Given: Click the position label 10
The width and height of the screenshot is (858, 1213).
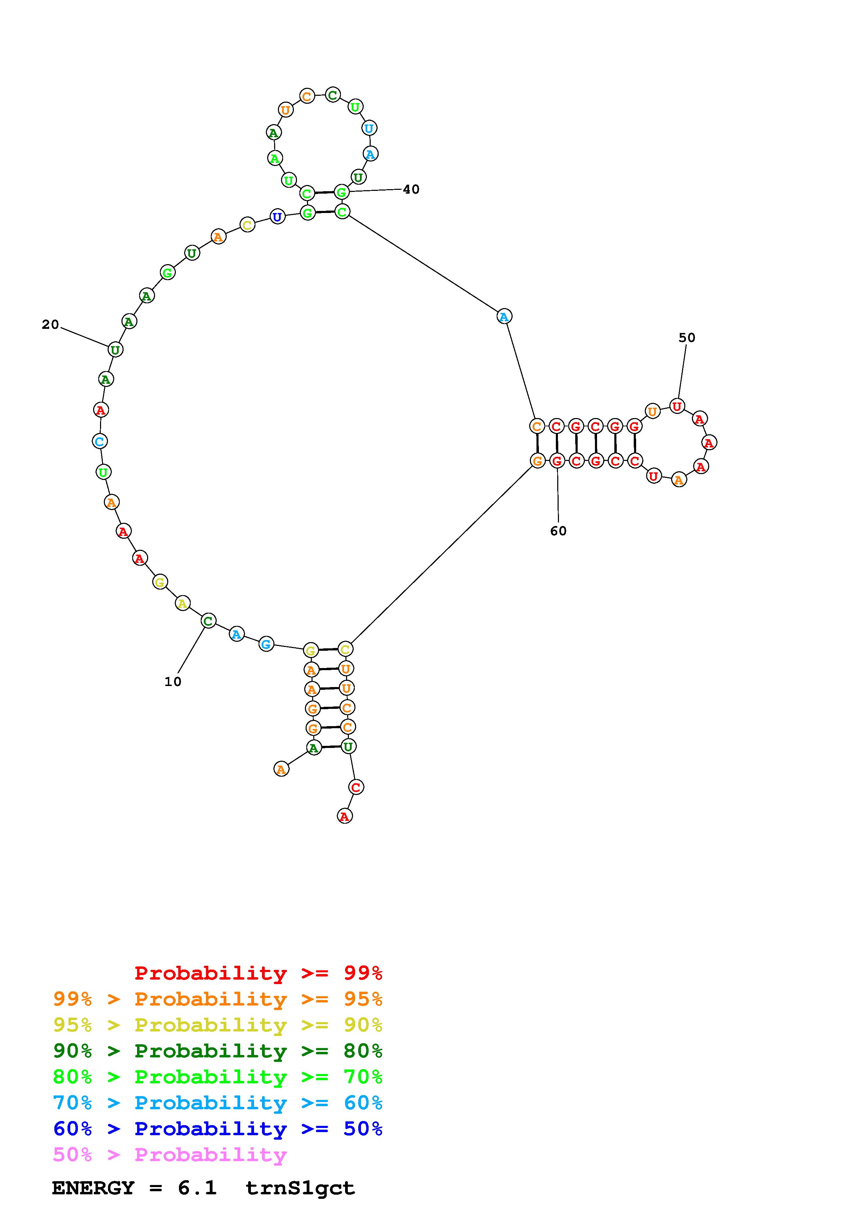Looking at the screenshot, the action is pyautogui.click(x=173, y=682).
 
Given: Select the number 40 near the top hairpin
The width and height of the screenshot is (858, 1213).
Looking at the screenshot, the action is pyautogui.click(x=411, y=189).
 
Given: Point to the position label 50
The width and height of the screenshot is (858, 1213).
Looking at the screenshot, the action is pyautogui.click(x=687, y=337).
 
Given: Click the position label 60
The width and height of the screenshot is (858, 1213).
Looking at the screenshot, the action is pyautogui.click(x=558, y=531).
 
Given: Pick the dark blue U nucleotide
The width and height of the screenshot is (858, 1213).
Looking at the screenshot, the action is pyautogui.click(x=277, y=216).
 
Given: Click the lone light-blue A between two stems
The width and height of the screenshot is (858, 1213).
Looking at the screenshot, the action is pyautogui.click(x=504, y=316).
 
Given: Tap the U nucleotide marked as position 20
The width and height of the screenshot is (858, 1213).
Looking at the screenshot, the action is pyautogui.click(x=115, y=349).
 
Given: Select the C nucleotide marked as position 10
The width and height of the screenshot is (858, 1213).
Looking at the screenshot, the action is pyautogui.click(x=208, y=621).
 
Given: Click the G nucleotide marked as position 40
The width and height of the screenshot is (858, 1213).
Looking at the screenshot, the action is pyautogui.click(x=342, y=192).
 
